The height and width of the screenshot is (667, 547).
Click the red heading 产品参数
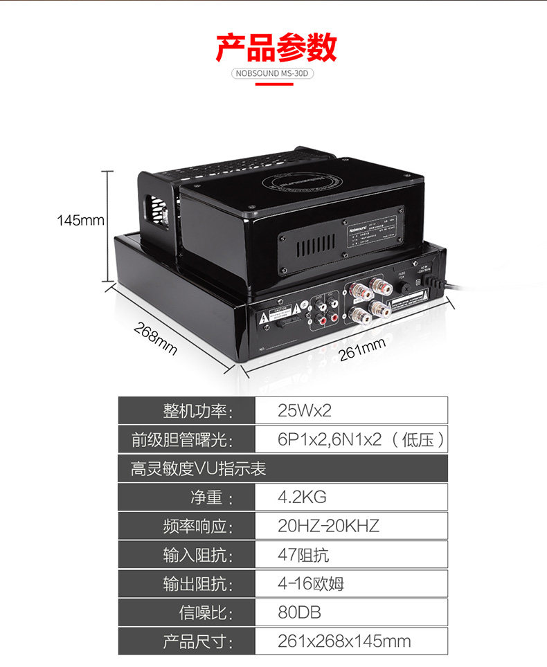tap(276, 47)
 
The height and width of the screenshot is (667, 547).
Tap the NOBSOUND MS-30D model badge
tap(273, 73)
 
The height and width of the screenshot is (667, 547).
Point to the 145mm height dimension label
tap(80, 221)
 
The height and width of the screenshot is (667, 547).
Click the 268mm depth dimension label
tap(155, 338)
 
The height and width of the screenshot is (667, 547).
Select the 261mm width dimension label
tap(361, 351)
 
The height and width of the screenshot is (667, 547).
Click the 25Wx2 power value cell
tap(351, 410)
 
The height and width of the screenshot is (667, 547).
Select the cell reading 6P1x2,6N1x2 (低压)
tap(351, 439)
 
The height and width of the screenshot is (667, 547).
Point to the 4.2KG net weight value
tap(351, 497)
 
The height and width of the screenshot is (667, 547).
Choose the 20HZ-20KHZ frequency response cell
tap(351, 526)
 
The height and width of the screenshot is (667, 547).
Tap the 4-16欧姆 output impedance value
tap(351, 584)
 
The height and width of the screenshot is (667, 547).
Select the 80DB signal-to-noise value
tap(351, 612)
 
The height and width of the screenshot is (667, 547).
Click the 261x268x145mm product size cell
tap(351, 641)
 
